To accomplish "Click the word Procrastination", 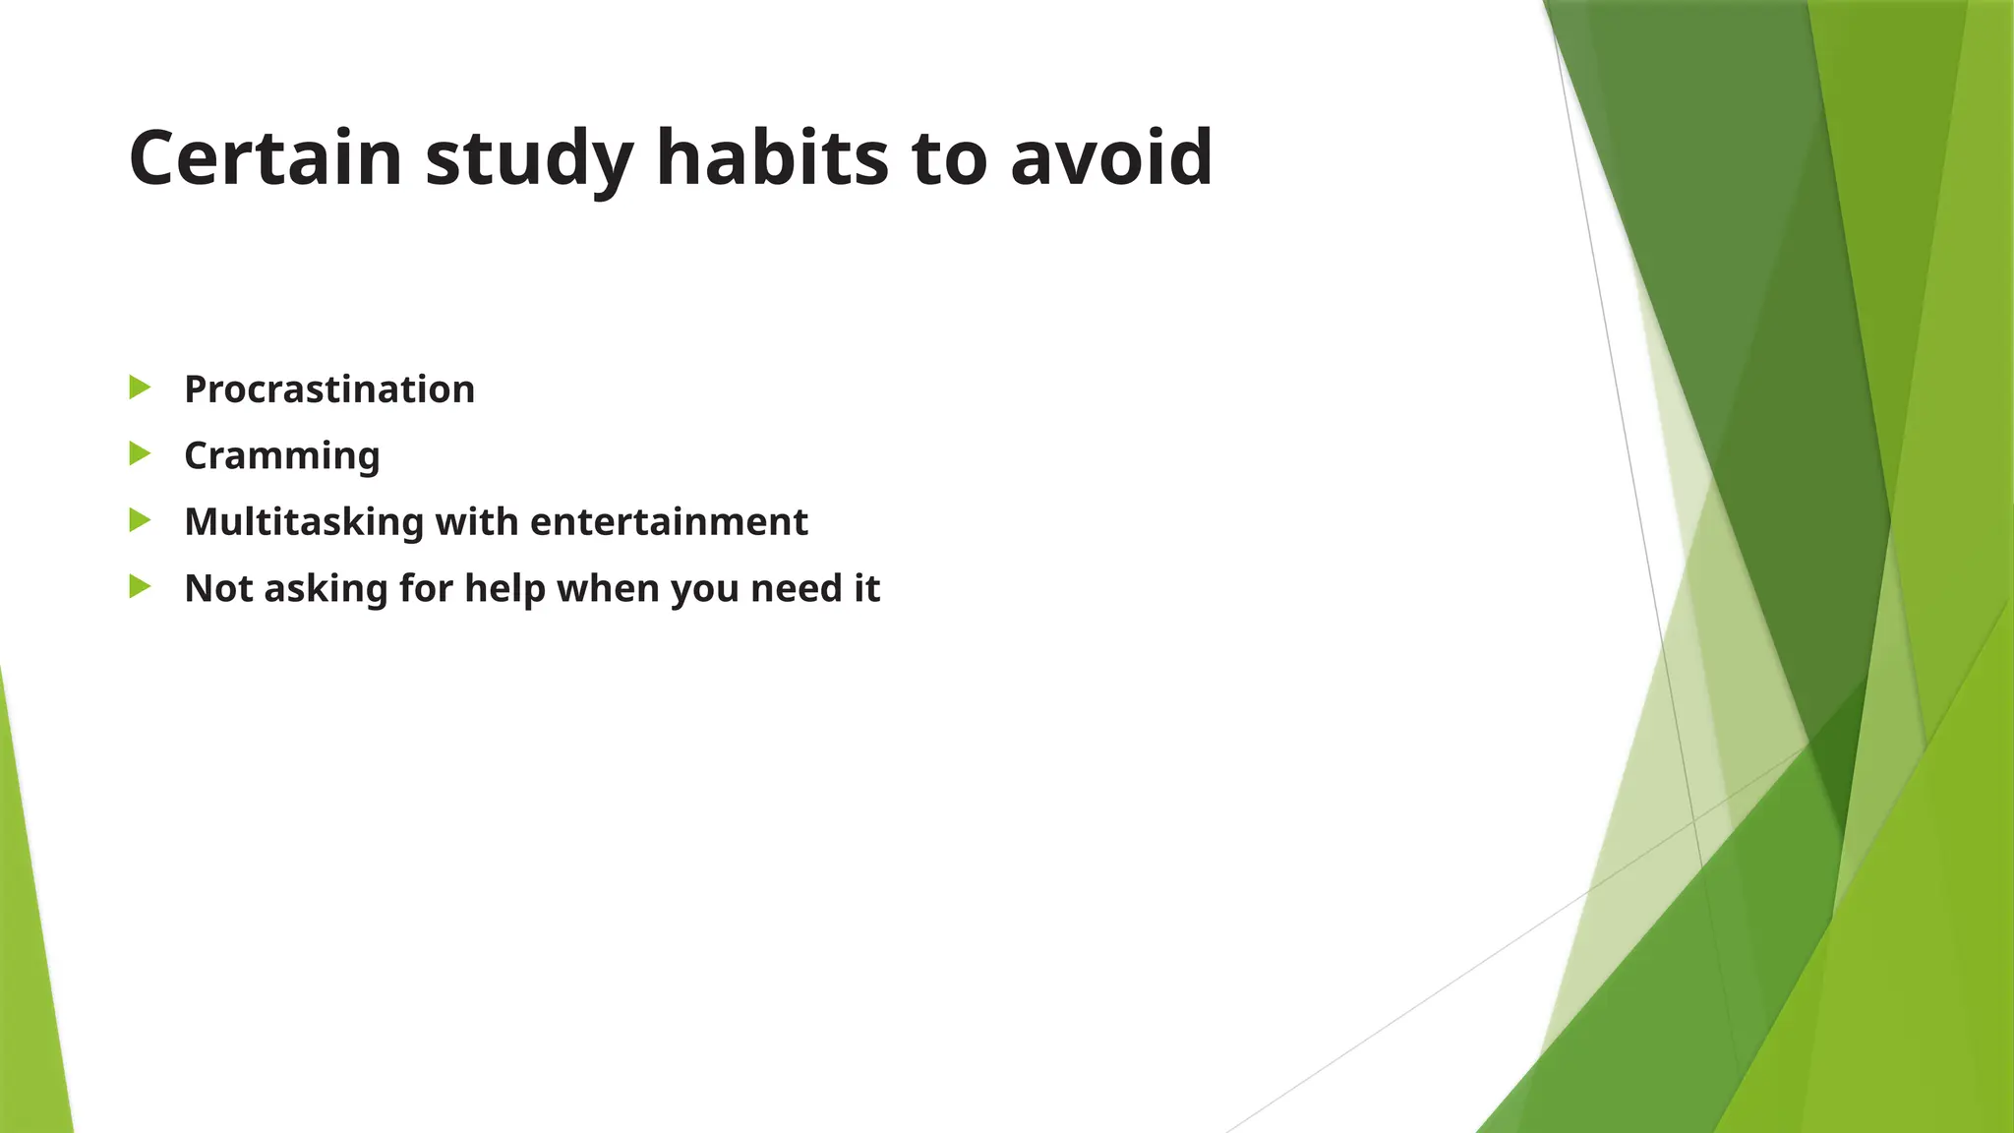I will point(329,389).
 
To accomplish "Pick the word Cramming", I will point(282,456).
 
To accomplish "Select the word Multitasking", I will point(303,522).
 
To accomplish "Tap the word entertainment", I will point(669,522).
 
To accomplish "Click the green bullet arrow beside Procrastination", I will point(140,388).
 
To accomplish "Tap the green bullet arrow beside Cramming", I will point(140,454).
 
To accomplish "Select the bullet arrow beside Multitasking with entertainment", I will point(140,520).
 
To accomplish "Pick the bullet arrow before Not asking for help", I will point(140,587).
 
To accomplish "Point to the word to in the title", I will point(949,159).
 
